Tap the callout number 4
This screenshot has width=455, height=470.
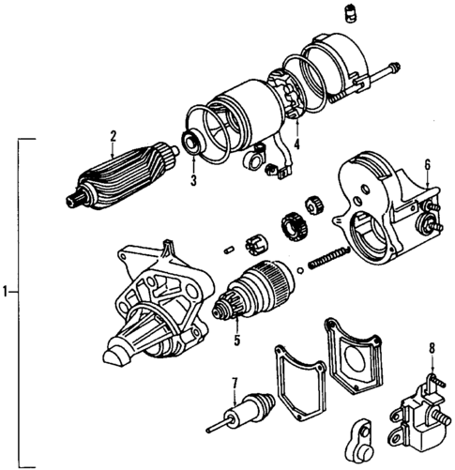(296, 144)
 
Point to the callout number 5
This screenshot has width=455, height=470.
(236, 339)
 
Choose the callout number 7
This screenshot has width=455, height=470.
(235, 382)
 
